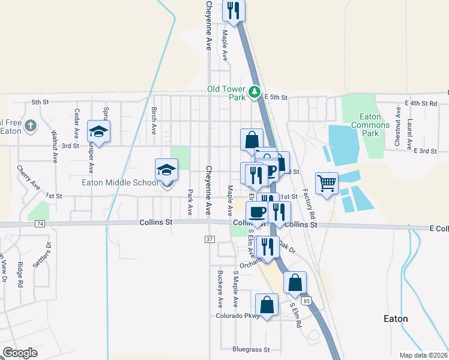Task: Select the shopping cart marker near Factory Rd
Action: point(327,182)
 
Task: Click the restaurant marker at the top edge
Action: point(234,10)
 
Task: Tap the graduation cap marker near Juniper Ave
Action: point(99,130)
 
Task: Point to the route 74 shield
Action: point(40,223)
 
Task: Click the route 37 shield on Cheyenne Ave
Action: point(209,239)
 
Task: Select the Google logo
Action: point(20,353)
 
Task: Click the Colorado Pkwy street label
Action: point(238,316)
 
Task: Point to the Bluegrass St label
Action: point(252,349)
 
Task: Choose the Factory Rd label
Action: point(309,203)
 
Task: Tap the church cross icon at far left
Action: point(31,126)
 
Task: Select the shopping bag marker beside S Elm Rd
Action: point(295,282)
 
